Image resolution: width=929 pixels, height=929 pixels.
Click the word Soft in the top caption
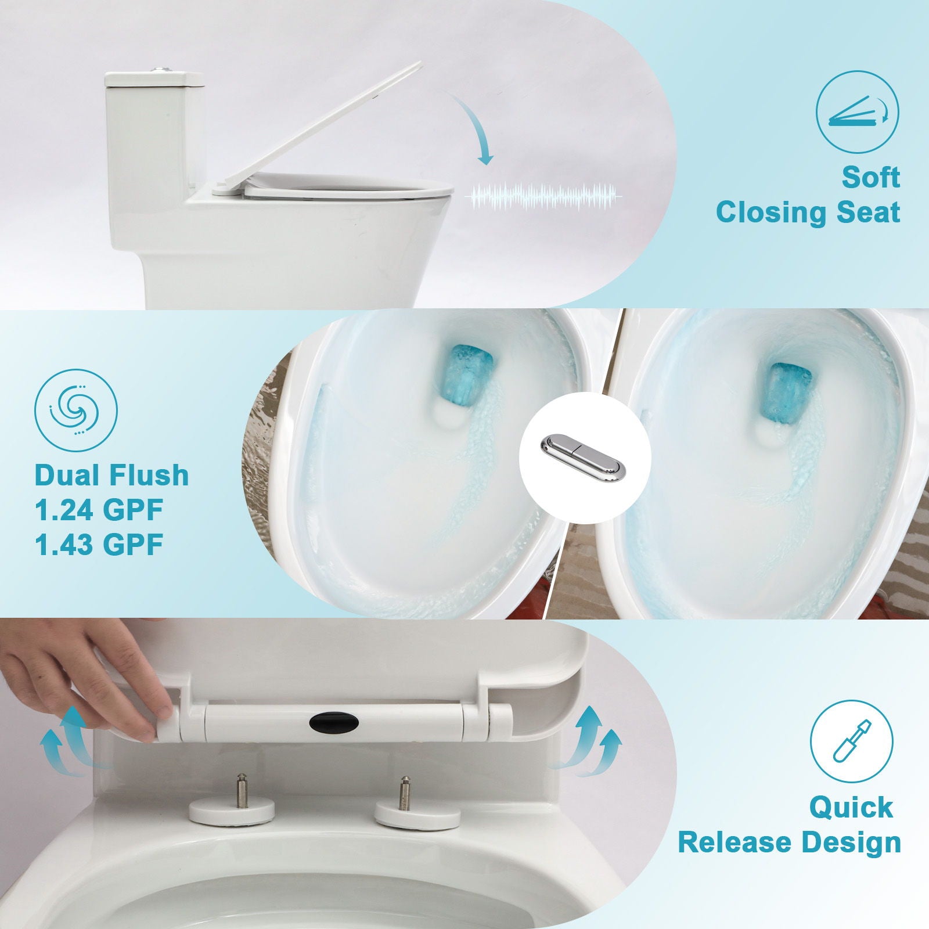pos(870,177)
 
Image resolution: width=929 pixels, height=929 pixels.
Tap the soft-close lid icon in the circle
pos(857,111)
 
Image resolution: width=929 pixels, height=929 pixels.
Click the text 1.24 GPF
pos(99,510)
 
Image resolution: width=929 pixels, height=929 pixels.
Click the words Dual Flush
pos(112,475)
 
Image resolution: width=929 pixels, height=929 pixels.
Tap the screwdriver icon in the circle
pos(851,740)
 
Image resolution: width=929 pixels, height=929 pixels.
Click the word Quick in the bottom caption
pos(851,807)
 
